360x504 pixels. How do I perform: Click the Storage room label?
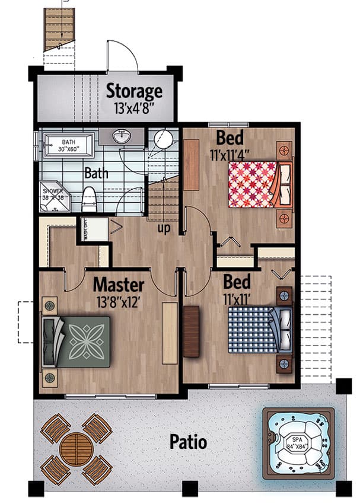(x=133, y=91)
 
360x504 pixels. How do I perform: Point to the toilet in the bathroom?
(x=89, y=199)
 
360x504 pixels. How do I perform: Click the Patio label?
(x=188, y=442)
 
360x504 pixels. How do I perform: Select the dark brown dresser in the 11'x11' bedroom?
(x=191, y=331)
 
